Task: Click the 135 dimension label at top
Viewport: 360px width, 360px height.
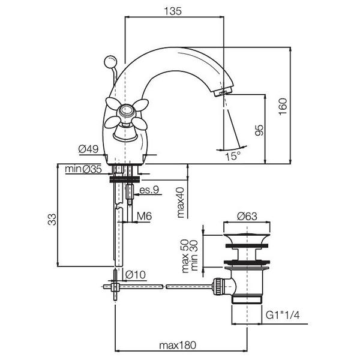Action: pyautogui.click(x=173, y=10)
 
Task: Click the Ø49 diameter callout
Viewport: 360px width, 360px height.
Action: pyautogui.click(x=89, y=148)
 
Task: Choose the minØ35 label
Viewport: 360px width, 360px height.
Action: pyautogui.click(x=83, y=170)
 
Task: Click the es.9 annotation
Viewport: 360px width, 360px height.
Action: pyautogui.click(x=148, y=191)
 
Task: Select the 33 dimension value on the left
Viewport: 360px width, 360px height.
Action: pyautogui.click(x=52, y=219)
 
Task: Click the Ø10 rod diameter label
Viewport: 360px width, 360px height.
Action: pyautogui.click(x=136, y=275)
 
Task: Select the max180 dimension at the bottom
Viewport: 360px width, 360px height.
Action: pyautogui.click(x=178, y=346)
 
